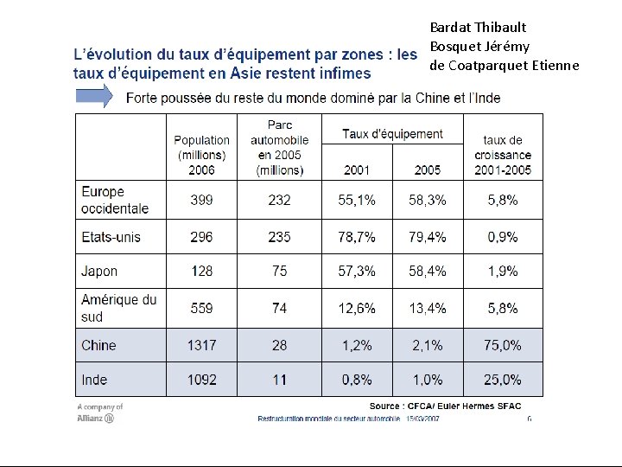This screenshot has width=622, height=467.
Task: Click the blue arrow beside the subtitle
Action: click(94, 96)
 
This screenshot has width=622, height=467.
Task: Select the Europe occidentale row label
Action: click(115, 200)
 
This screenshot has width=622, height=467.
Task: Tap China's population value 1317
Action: click(201, 345)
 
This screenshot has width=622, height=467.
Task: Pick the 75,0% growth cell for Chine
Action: click(503, 345)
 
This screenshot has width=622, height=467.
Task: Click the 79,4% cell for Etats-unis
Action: click(428, 237)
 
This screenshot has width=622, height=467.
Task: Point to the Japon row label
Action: click(99, 272)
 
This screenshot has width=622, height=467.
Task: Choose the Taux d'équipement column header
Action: click(393, 134)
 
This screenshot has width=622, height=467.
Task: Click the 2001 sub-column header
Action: click(357, 170)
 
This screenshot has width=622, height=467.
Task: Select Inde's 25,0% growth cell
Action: click(503, 380)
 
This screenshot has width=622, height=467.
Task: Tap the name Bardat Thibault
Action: click(478, 28)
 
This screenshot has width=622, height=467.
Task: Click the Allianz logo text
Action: click(95, 419)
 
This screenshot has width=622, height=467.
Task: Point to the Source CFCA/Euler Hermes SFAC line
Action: click(445, 406)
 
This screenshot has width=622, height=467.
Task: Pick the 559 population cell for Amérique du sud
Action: click(201, 308)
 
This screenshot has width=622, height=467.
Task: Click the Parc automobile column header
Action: click(280, 148)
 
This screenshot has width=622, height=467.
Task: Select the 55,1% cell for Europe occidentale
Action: click(357, 200)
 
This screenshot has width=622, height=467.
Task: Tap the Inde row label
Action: click(94, 380)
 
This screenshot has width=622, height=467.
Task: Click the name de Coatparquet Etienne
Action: click(505, 66)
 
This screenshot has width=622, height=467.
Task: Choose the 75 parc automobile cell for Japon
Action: click(280, 272)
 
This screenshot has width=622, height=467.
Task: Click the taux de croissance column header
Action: click(503, 156)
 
